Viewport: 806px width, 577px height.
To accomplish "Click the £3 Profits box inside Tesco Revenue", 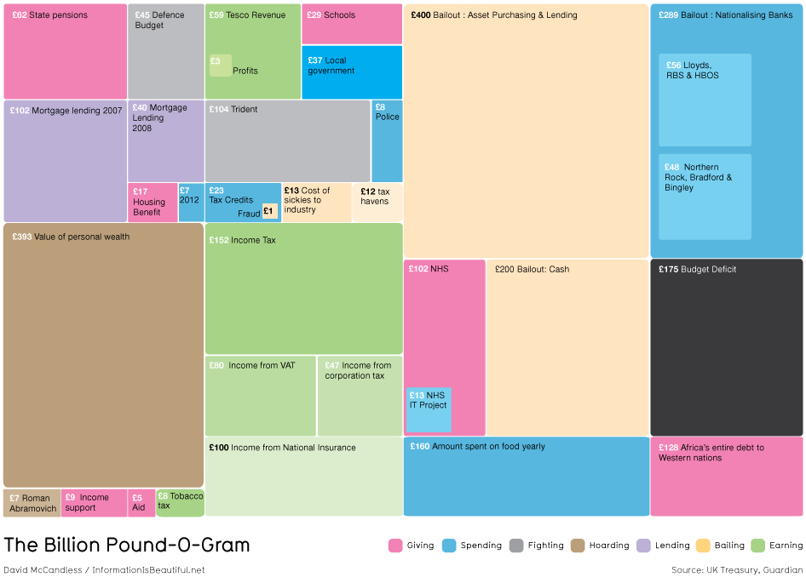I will pos(220,66).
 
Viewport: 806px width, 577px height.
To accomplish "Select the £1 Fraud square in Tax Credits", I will pos(269,211).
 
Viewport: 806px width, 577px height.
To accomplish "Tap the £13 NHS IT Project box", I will pos(429,409).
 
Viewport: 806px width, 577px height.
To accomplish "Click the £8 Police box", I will pos(387,140).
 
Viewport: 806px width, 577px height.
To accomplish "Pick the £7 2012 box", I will pos(190,203).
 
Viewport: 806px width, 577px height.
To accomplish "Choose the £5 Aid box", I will pos(141,502).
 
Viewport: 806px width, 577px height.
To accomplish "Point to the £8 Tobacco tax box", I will pos(180,502).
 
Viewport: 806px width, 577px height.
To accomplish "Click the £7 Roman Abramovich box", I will pos(32,502).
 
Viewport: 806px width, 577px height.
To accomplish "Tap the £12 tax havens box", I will pos(377,203).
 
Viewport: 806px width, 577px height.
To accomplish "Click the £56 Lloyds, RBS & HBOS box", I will pos(705,100).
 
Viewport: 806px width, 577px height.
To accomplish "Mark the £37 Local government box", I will pos(351,72).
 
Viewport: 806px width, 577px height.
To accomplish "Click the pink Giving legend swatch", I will pos(395,546).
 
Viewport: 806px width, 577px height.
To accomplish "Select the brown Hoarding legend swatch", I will pos(578,546).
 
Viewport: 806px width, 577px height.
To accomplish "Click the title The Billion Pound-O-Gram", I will pos(127,545).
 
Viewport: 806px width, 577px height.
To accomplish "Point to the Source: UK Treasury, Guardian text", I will pos(736,569).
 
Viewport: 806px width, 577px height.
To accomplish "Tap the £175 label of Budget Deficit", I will pos(668,270).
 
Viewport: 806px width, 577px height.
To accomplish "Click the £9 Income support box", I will pos(94,502).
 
